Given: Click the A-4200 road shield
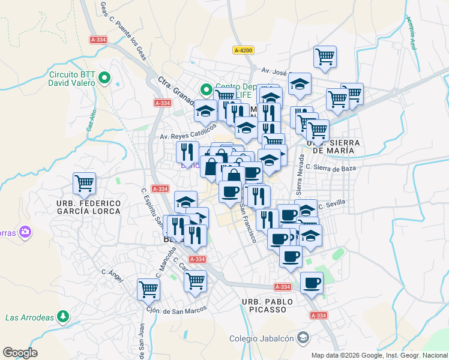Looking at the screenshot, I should [243, 51].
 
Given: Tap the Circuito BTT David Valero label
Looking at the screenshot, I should [72, 79].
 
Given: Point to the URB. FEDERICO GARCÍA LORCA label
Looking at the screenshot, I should [88, 207].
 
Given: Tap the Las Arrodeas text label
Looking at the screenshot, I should [29, 317].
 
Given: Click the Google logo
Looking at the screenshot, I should [20, 353].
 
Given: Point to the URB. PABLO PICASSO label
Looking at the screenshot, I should [268, 305].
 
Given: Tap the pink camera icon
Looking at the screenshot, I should [25, 231].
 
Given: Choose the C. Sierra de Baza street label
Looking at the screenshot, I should [331, 167].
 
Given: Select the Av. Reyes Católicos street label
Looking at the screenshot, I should [187, 132].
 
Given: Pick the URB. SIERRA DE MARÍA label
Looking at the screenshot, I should [334, 146].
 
